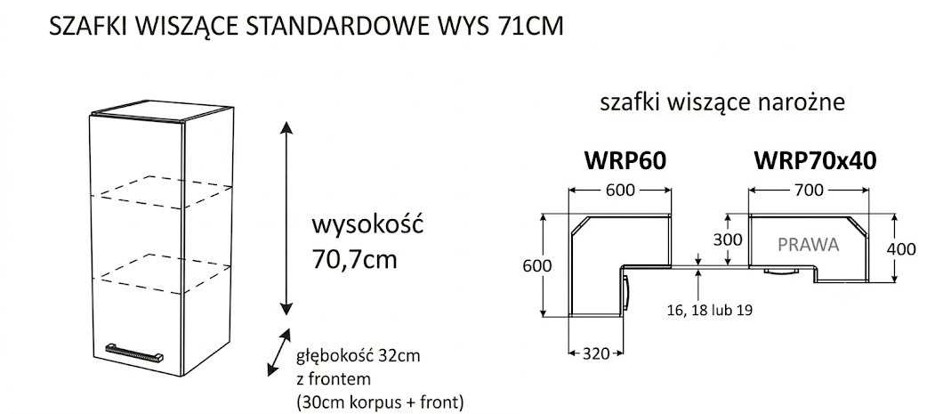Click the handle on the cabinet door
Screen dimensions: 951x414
pos(134,352)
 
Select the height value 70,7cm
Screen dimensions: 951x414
pos(354,260)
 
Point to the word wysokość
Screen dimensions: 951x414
pos(367,224)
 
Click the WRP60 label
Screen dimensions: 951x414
pos(625,161)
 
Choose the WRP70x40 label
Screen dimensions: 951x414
pos(815,161)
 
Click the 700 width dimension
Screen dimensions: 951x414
pos(809,190)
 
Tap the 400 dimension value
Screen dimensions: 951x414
pos(901,249)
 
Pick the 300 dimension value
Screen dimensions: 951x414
pos(728,239)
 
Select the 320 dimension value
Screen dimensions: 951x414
pos(595,353)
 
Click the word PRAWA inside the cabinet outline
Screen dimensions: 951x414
pos(809,245)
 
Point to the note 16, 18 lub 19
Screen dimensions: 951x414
pos(709,310)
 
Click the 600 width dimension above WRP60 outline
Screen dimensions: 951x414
pos(620,190)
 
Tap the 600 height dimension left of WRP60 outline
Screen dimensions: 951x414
pos(537,266)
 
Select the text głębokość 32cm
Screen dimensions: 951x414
pos(358,356)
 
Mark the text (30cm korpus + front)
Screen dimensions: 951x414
pos(380,402)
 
